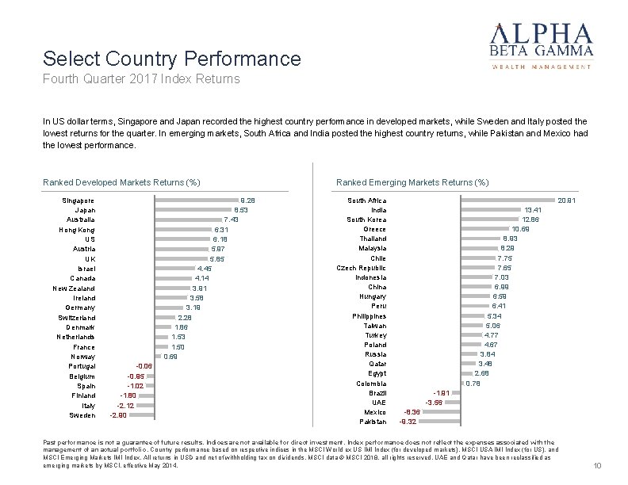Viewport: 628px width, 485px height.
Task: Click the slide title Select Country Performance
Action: [172, 59]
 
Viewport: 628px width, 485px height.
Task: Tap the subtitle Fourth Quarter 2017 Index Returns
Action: [141, 79]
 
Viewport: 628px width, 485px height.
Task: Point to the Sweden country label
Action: [82, 415]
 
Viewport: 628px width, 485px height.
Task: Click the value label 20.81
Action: [567, 200]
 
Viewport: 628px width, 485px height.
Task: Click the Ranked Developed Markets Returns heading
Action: [121, 183]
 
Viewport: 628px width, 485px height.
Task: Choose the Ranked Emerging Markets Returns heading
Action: [412, 183]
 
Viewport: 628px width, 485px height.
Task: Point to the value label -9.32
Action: [408, 422]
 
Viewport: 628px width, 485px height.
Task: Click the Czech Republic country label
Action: [362, 268]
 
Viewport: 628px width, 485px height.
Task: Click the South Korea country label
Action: [367, 220]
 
